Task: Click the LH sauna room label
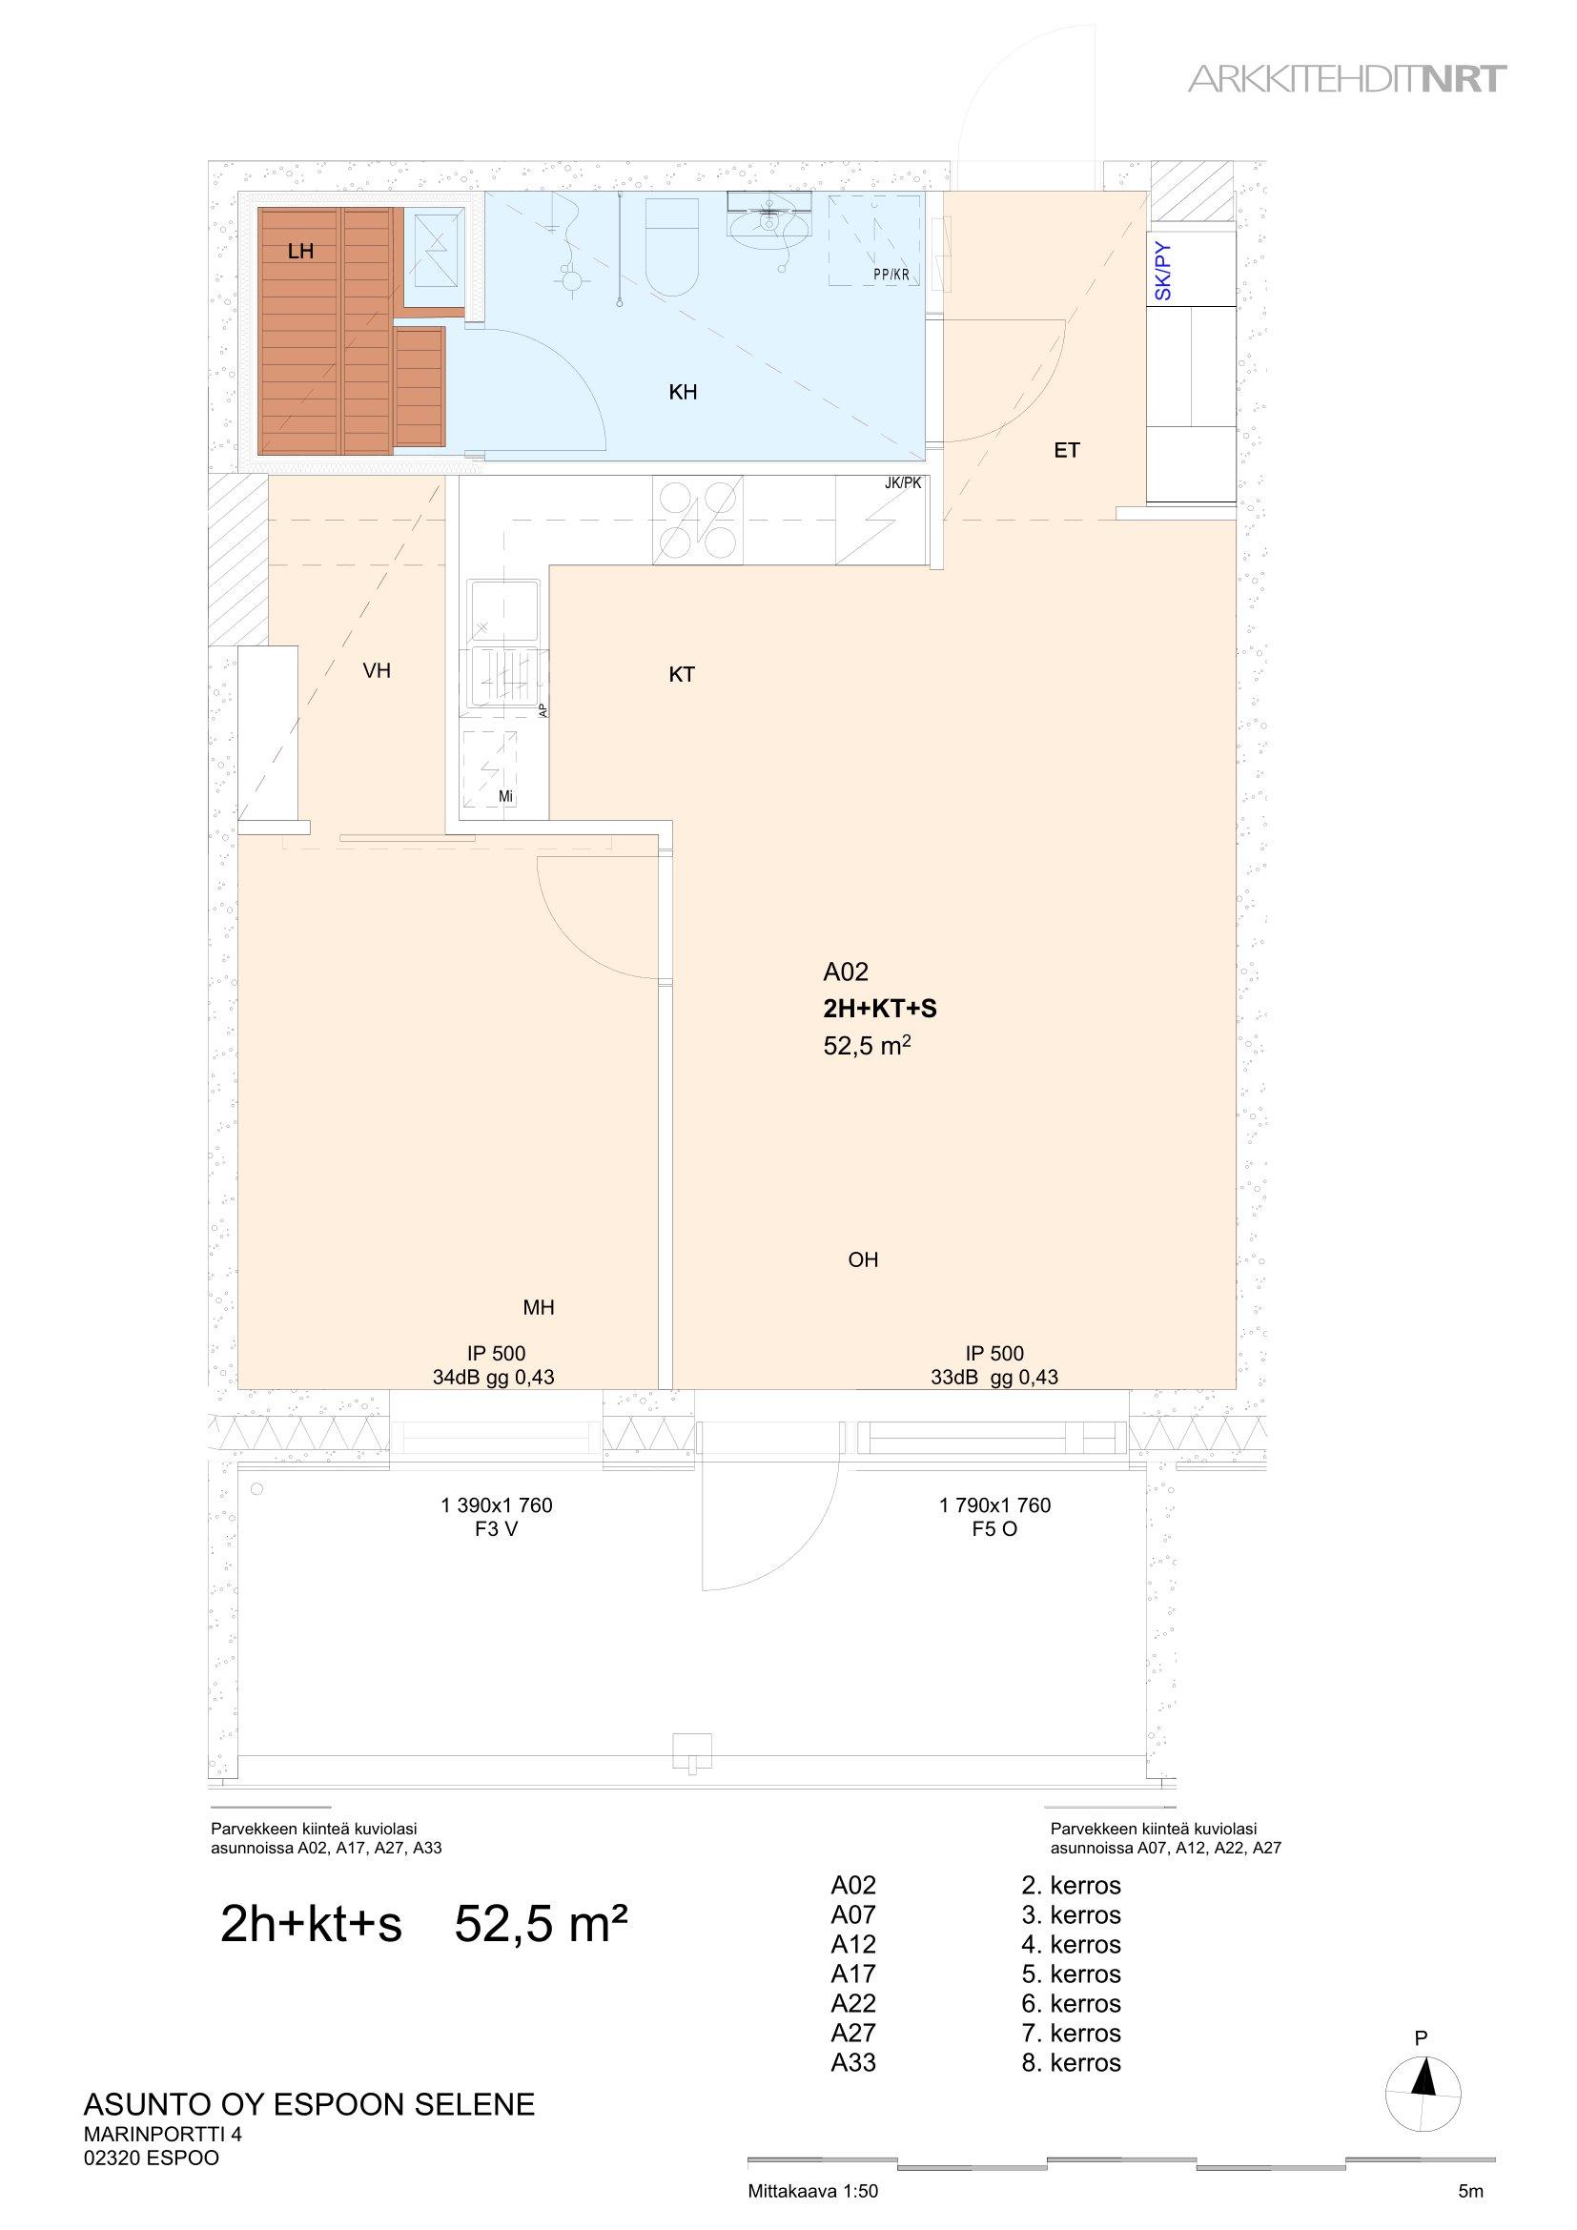tap(301, 253)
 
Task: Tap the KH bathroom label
tap(684, 393)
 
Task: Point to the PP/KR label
tap(891, 275)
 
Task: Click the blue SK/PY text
tap(1164, 271)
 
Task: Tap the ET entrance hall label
tap(1067, 451)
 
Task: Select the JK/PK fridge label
tap(903, 481)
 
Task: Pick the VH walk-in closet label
tap(377, 670)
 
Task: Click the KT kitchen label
tap(682, 674)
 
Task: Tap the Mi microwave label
tap(505, 797)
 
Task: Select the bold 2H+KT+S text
tap(880, 1009)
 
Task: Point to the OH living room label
tap(863, 1259)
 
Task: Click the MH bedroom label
tap(539, 1307)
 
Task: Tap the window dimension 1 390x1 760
tap(496, 1505)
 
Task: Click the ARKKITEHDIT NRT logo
tap(1348, 80)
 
